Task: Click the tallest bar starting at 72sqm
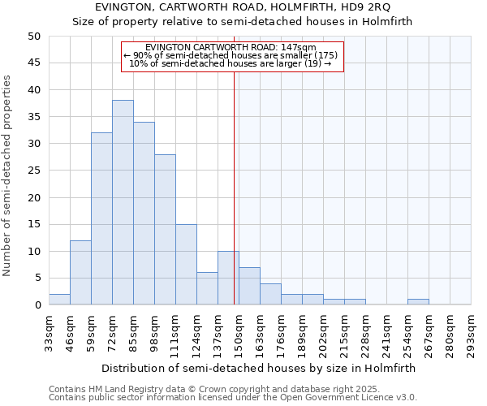tap(123, 202)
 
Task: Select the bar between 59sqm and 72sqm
tap(101, 218)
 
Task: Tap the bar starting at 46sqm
tap(80, 272)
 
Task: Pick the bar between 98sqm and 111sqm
tap(165, 229)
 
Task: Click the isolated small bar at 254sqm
tap(418, 302)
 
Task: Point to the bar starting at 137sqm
tap(228, 278)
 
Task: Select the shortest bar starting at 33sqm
tap(59, 300)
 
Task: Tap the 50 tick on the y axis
tap(33, 37)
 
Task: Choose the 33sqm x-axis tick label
tap(50, 334)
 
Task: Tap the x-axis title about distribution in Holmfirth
tap(259, 368)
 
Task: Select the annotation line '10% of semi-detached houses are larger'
tap(231, 63)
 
